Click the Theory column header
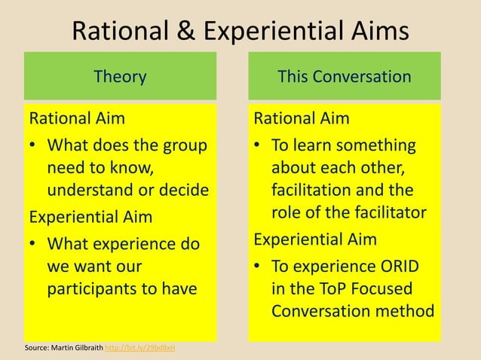click(120, 76)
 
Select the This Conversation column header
click(345, 76)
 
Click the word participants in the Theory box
click(91, 288)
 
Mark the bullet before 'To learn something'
click(258, 145)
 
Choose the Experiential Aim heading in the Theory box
click(90, 217)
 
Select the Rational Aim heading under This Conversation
click(302, 118)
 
